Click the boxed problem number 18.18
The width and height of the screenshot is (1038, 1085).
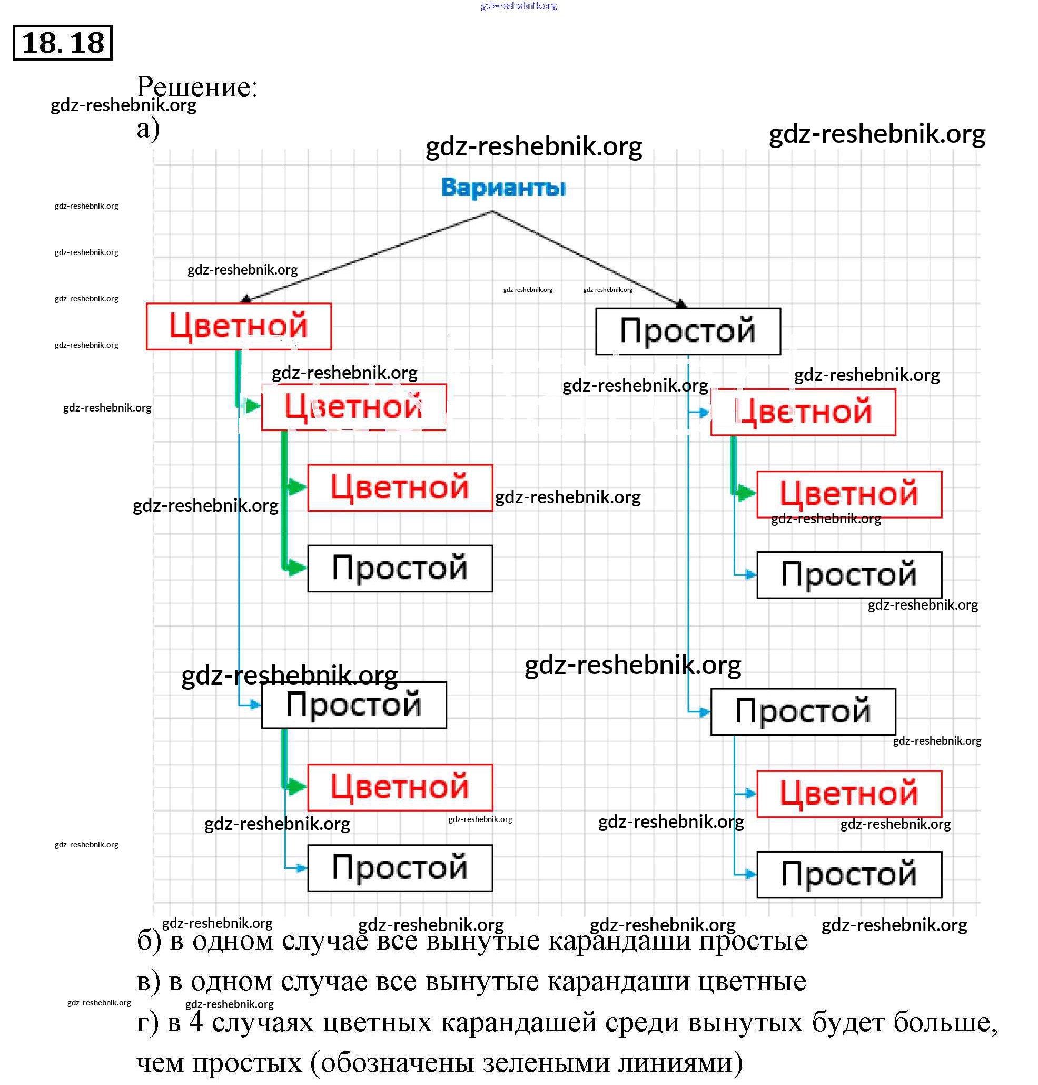[63, 43]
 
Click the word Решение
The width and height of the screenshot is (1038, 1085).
[197, 87]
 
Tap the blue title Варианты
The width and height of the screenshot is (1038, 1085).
[503, 187]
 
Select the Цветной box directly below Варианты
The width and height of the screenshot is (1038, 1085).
[239, 326]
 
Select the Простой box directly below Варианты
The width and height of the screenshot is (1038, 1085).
[688, 331]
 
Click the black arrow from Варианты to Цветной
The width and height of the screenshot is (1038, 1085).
[365, 257]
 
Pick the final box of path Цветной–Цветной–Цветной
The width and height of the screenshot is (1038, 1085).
[400, 487]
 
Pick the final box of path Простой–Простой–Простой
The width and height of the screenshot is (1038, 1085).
[849, 875]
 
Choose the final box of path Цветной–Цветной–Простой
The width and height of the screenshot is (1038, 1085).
[400, 569]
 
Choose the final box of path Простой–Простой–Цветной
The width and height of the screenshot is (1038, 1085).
[849, 794]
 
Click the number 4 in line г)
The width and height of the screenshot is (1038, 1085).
[196, 1022]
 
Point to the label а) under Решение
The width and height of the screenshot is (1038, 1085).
[148, 129]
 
